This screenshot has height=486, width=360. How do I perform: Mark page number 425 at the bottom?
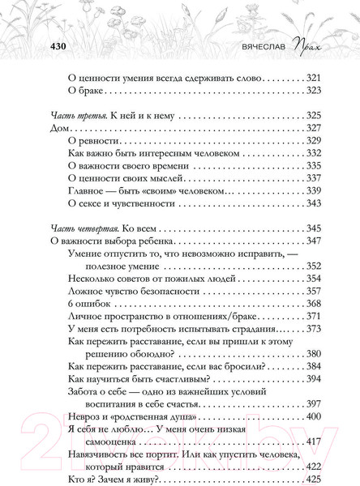point(313,478)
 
